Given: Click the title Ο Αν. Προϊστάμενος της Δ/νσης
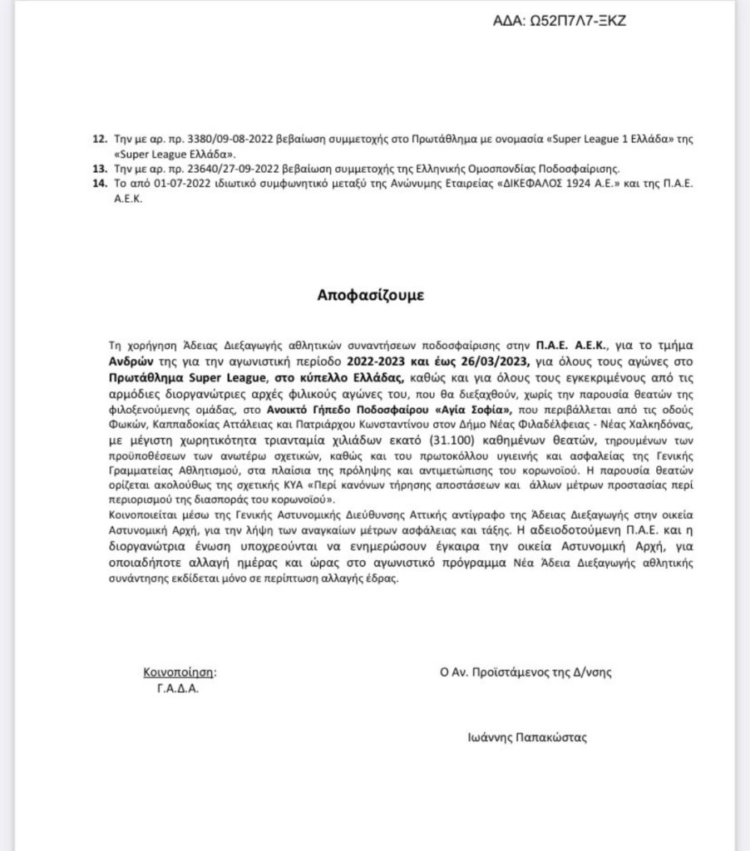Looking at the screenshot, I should tap(520, 672).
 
